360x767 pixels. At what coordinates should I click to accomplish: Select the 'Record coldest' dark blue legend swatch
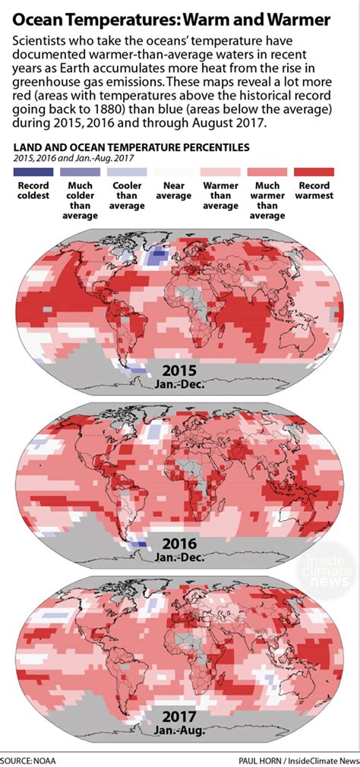click(x=33, y=172)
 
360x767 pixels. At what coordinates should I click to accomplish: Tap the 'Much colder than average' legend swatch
click(x=81, y=172)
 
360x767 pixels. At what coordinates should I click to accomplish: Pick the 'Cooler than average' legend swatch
click(x=128, y=172)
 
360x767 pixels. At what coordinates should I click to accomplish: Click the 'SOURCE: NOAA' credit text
click(x=28, y=759)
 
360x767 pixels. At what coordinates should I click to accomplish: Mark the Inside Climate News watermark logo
click(x=327, y=570)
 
